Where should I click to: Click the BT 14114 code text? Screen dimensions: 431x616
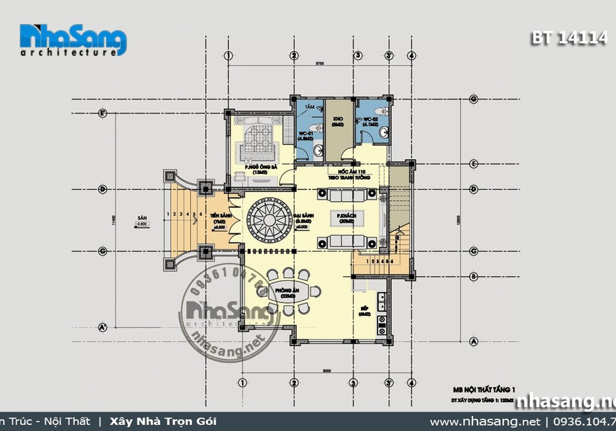pos(569,38)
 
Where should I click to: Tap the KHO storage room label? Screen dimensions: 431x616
pos(338,121)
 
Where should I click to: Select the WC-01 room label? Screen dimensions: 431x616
pos(306,135)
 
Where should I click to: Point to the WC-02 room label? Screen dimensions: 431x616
pos(370,122)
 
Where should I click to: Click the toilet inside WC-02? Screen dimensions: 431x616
pos(383,111)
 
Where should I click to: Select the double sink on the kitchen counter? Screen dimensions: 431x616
pos(382,302)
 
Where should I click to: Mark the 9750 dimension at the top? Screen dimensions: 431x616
pos(320,63)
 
